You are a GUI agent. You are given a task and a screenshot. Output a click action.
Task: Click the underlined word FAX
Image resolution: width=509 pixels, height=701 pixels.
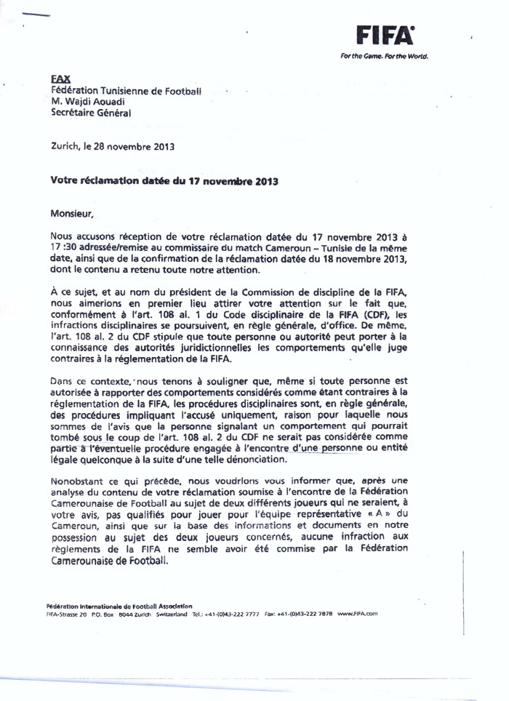[59, 78]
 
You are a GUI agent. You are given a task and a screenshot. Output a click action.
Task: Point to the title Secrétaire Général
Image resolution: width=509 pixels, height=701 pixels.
[92, 113]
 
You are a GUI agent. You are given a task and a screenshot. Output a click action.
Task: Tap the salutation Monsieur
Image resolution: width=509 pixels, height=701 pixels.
[72, 214]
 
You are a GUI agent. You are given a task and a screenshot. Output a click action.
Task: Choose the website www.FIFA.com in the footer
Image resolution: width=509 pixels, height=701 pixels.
[358, 614]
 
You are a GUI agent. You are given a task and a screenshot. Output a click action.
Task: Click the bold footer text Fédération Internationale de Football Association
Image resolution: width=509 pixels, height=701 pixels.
[119, 605]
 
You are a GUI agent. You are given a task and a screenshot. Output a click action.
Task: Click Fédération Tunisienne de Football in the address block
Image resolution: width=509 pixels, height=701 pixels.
[125, 90]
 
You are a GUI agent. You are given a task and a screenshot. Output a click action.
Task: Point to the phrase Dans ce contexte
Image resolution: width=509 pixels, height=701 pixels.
[80, 380]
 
